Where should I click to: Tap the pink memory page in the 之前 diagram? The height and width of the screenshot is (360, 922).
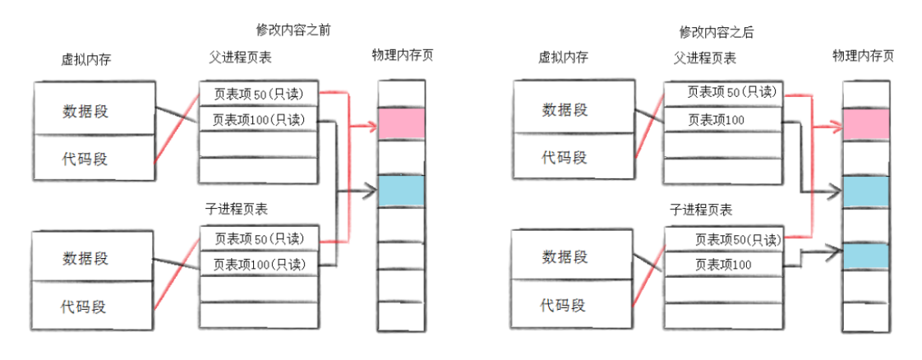click(x=401, y=124)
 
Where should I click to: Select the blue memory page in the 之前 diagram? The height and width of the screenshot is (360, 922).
click(x=401, y=191)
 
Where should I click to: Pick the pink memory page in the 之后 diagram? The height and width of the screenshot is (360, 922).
click(x=865, y=124)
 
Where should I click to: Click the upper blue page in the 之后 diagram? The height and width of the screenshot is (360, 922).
click(x=865, y=192)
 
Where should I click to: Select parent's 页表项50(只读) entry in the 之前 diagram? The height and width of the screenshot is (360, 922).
click(x=258, y=94)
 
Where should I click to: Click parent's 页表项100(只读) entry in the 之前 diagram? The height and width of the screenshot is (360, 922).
click(x=258, y=120)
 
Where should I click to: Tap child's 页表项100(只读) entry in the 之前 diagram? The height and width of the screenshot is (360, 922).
click(x=258, y=264)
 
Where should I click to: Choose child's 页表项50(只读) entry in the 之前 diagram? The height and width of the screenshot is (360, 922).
click(x=258, y=238)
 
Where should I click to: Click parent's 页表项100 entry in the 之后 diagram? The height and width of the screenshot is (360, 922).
click(x=722, y=120)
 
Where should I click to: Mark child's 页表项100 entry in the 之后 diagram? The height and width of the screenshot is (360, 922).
click(x=722, y=265)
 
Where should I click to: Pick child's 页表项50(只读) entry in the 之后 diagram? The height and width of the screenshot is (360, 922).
click(x=722, y=239)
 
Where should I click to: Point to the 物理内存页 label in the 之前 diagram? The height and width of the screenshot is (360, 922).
click(x=402, y=56)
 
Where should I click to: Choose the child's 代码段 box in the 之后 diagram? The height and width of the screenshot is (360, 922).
click(x=563, y=305)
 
